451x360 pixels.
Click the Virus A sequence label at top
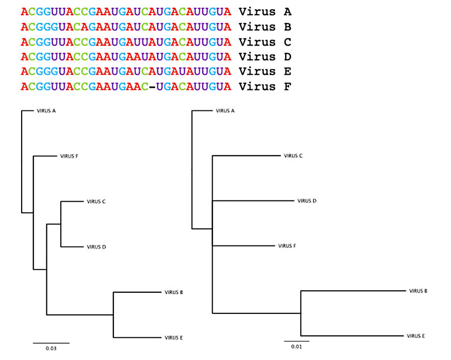[265, 12]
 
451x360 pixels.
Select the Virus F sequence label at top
[265, 86]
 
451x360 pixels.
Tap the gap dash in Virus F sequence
[152, 86]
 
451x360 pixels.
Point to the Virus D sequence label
[265, 56]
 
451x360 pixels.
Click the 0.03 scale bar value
[51, 349]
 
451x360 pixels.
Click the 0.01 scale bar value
[296, 347]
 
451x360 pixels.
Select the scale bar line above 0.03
[51, 343]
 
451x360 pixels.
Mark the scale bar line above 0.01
[296, 341]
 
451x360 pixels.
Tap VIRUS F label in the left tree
[69, 156]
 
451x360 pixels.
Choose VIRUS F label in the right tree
[287, 246]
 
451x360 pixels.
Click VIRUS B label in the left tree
[174, 292]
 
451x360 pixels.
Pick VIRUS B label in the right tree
[418, 291]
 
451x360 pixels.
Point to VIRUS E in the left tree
[174, 338]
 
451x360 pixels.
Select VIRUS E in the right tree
[416, 336]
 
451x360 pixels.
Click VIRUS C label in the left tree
[96, 202]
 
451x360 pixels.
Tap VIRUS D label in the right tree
[307, 201]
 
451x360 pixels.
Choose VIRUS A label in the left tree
[46, 111]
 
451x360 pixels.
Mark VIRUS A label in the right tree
[225, 111]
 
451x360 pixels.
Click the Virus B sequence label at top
[265, 27]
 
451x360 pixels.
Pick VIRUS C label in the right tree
[293, 156]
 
